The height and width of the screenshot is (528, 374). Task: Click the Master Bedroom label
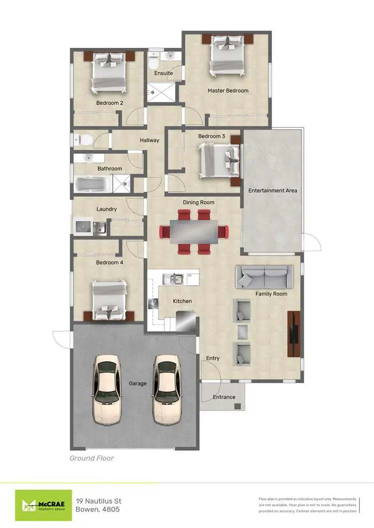point(228,91)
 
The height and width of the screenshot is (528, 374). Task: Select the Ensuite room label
point(163,73)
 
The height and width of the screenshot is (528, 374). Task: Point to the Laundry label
point(107,209)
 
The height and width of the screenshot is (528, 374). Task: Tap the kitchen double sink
point(174,279)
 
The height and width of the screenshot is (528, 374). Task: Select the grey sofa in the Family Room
point(264,276)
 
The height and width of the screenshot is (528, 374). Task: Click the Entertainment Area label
point(273,191)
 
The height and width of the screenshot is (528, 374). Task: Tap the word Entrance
point(224,397)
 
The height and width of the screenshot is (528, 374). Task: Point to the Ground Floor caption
point(91,458)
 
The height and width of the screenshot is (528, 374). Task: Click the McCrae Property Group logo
point(43,505)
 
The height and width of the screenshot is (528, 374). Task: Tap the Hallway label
point(149,140)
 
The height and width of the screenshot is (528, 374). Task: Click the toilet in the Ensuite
point(154,63)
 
